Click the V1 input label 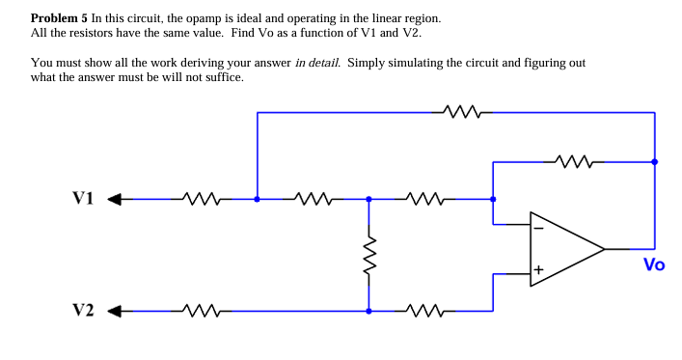83,199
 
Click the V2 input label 83,311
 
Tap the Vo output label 653,264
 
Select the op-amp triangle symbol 564,249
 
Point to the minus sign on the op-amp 539,230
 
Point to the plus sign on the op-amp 539,268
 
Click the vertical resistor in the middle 368,256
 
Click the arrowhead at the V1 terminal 113,200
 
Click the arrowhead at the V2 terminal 113,312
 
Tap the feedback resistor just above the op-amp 575,161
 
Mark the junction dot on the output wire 655,161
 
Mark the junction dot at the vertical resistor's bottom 368,312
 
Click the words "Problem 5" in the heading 60,18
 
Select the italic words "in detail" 316,63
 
